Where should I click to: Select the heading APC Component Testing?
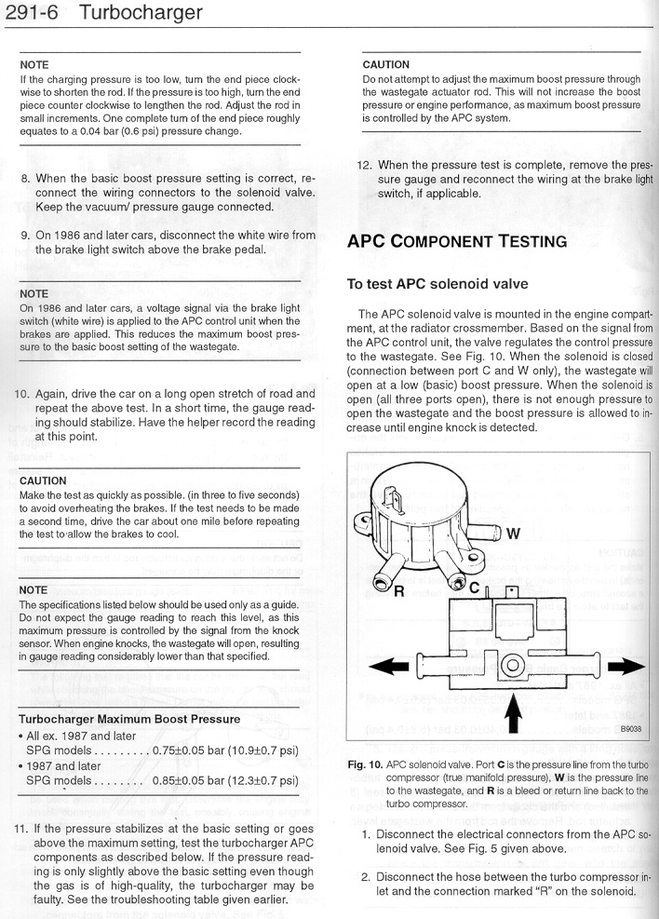tap(456, 241)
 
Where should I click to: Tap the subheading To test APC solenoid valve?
tap(437, 284)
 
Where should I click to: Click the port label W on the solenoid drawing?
tap(513, 534)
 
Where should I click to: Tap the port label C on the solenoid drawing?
tap(474, 588)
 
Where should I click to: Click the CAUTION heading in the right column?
tap(385, 64)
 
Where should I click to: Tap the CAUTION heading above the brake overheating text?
tap(43, 480)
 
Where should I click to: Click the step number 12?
tap(365, 165)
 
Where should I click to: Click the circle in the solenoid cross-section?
tap(510, 667)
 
